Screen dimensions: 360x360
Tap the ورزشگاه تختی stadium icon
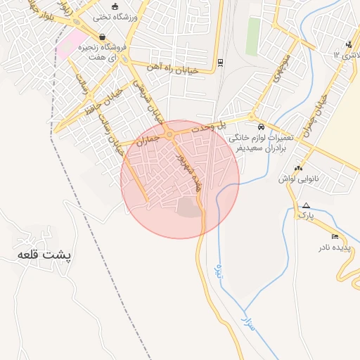[105, 6]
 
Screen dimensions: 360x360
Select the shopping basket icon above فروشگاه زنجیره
[103, 37]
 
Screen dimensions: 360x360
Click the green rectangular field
[252, 36]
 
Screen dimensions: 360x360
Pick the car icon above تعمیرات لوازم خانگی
[261, 127]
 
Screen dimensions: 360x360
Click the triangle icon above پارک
[305, 205]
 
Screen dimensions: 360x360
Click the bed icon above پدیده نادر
[335, 236]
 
